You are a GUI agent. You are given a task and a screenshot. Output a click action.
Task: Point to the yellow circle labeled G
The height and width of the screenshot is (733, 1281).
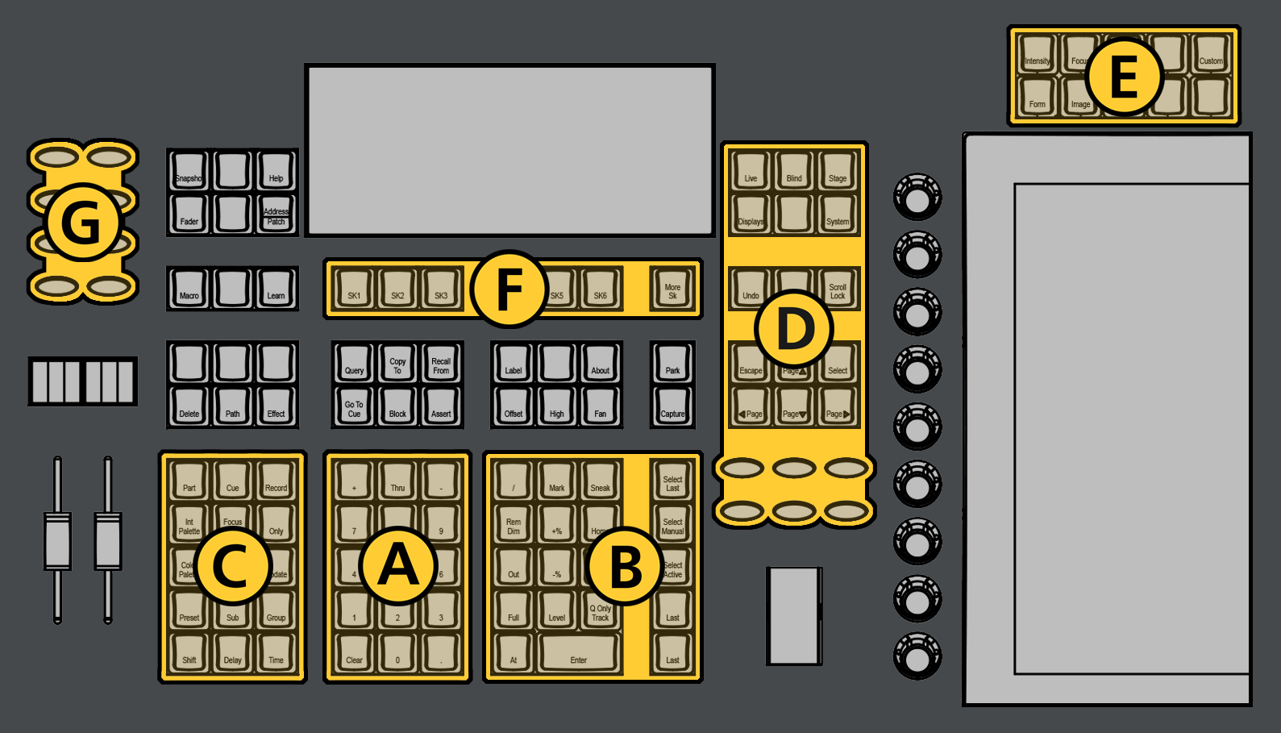pos(81,223)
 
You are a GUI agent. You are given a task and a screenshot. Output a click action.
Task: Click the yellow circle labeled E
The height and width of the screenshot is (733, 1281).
pos(1124,77)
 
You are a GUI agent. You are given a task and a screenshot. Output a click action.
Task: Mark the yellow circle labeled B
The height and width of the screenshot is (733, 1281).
pos(626,566)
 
